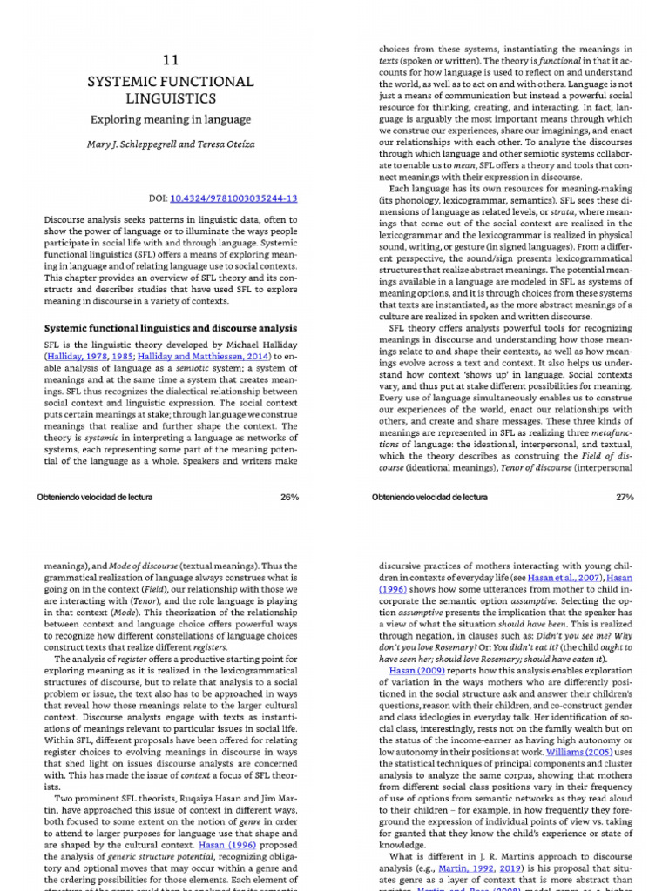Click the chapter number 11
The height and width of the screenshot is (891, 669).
[x=171, y=60]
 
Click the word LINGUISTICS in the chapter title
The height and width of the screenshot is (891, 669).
[x=171, y=98]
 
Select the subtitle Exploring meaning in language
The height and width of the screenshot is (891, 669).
[x=171, y=119]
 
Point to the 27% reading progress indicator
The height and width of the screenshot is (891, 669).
[x=624, y=497]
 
